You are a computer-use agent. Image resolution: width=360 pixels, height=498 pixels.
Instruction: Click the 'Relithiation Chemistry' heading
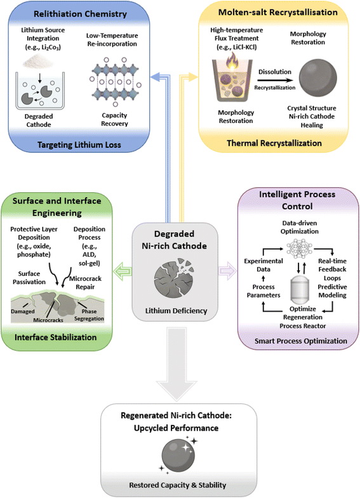80,14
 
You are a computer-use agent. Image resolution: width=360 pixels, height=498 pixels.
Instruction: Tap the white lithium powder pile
38,62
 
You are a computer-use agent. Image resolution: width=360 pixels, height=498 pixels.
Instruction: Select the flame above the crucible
232,62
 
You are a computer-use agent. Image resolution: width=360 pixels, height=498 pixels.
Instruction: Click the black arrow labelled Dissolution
275,81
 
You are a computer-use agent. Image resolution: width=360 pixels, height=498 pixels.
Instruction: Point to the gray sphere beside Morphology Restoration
318,78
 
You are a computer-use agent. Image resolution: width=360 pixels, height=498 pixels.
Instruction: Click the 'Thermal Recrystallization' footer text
274,143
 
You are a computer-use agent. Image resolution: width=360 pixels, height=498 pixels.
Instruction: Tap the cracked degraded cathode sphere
174,278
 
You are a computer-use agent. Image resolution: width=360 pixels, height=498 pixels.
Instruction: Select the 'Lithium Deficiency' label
176,311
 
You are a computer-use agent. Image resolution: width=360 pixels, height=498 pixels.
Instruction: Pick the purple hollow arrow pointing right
227,272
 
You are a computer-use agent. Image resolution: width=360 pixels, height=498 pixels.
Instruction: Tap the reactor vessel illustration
300,289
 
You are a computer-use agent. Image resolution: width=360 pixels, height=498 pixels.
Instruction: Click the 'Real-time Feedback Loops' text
332,270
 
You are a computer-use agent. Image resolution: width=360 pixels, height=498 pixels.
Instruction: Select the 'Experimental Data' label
263,265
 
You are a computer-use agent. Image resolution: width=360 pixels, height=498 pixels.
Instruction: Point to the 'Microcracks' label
48,320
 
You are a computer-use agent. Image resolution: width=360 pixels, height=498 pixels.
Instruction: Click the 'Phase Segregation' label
89,315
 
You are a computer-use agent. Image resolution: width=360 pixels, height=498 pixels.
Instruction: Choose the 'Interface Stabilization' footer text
56,337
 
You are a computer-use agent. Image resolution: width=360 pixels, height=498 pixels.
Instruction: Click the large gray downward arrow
177,364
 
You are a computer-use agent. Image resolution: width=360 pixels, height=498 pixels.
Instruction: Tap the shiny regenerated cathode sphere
178,455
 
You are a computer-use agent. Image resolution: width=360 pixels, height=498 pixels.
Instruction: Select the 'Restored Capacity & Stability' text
178,485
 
